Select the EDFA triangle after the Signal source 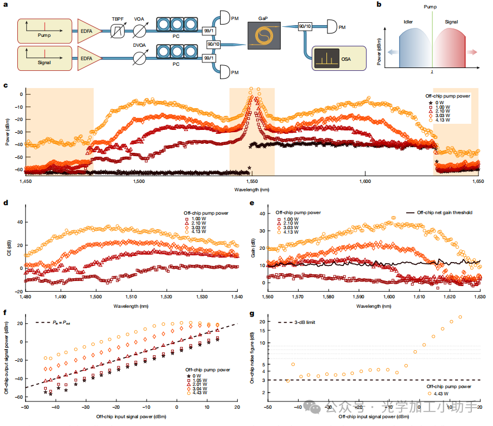click(x=89, y=58)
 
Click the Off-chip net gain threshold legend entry click(x=440, y=213)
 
